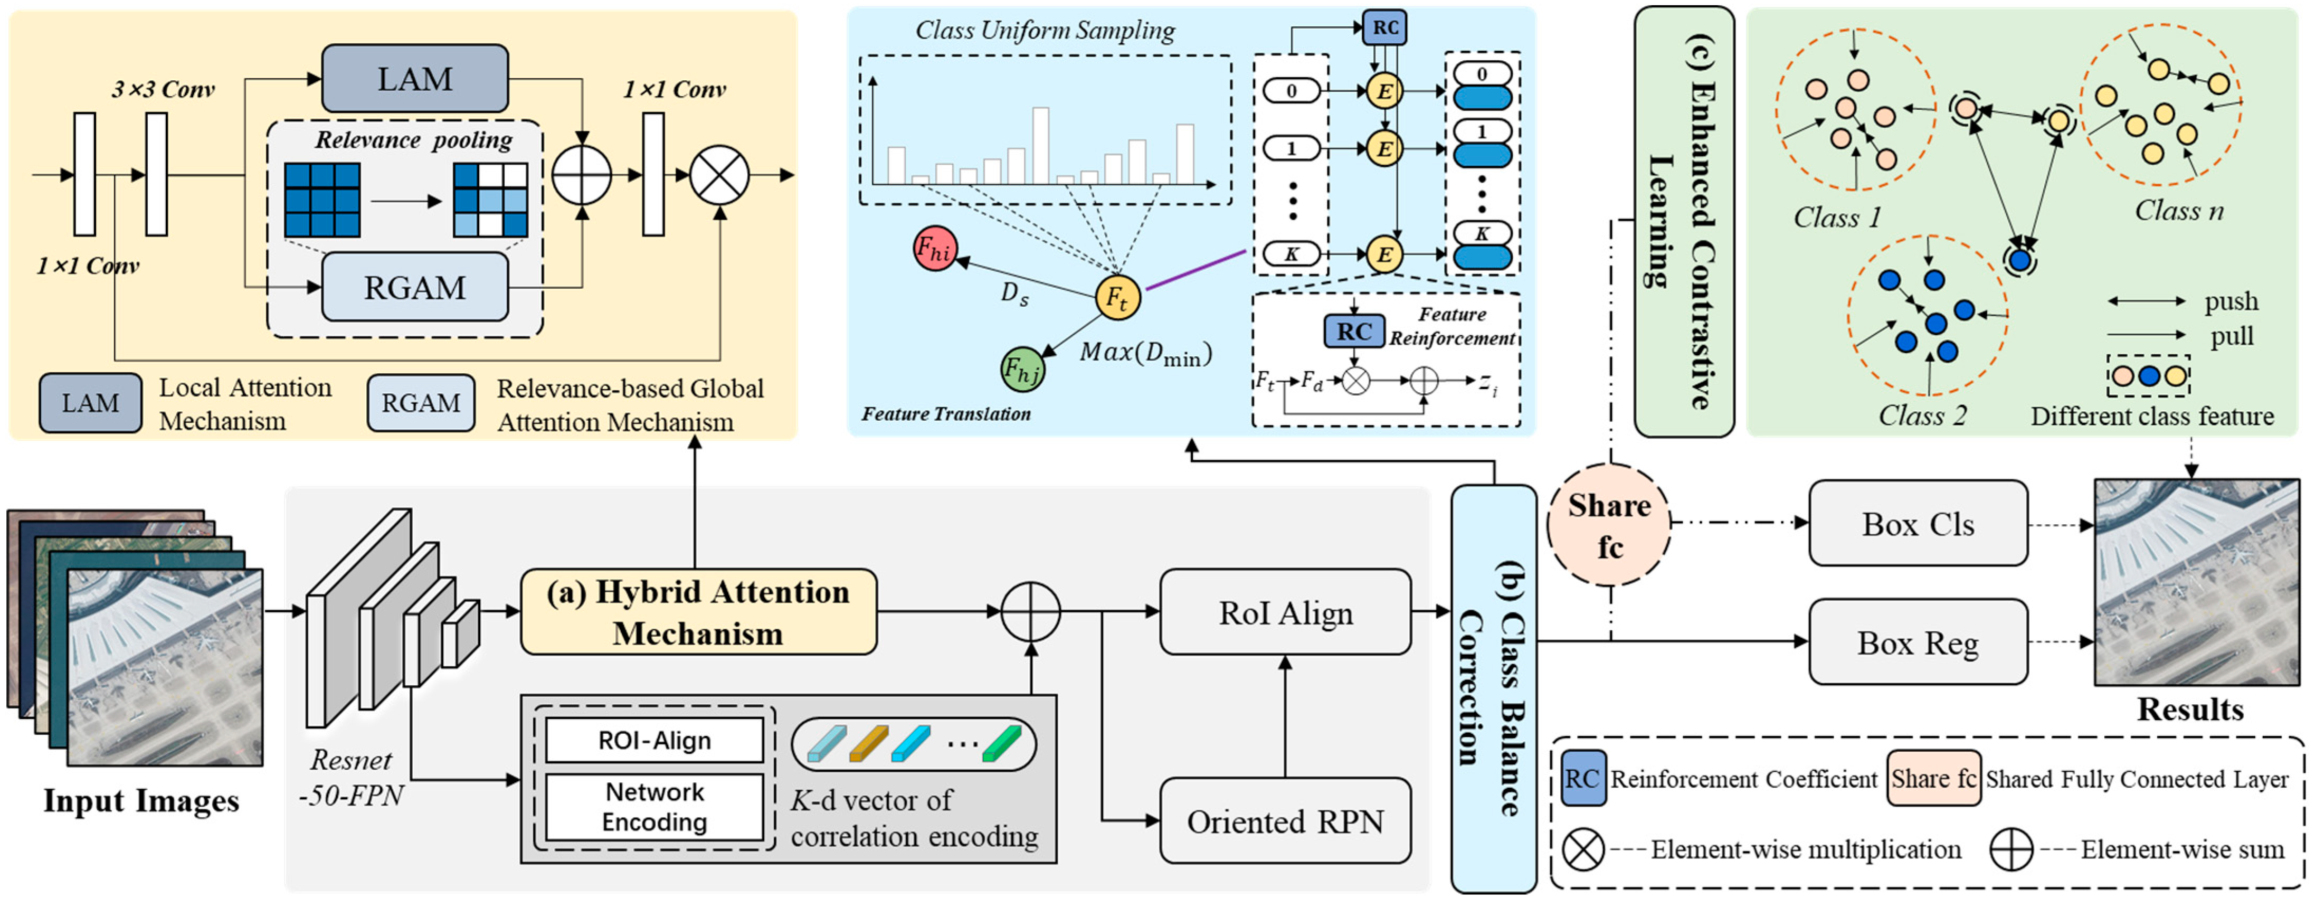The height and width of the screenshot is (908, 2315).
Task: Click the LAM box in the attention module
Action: (414, 79)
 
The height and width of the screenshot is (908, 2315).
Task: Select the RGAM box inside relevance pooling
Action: (414, 287)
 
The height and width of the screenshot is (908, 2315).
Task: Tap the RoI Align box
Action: (1285, 612)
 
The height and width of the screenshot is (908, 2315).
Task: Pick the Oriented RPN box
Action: (1285, 821)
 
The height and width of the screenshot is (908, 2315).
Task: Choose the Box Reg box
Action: (1918, 643)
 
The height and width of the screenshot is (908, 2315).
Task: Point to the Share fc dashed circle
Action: (1609, 525)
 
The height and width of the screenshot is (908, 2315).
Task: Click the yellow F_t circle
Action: (1117, 297)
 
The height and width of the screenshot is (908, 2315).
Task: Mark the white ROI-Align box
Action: (654, 740)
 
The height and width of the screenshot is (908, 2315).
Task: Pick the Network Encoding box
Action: (654, 807)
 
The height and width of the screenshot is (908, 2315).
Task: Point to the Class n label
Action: (2178, 211)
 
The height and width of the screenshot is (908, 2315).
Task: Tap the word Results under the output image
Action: (2189, 710)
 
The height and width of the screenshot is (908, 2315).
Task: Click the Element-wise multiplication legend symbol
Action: (1582, 849)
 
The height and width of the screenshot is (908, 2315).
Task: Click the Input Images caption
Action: (141, 801)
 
